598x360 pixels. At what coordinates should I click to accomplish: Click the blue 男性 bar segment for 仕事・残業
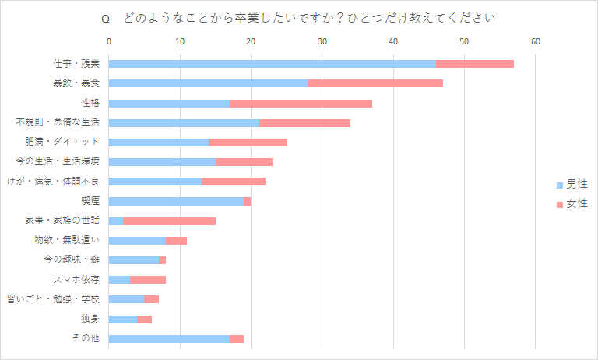(x=273, y=63)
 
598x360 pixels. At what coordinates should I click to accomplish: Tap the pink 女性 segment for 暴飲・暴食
(x=375, y=83)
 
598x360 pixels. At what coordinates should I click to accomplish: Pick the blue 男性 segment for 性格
(x=170, y=103)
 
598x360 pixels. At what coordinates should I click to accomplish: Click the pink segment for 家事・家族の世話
(x=169, y=221)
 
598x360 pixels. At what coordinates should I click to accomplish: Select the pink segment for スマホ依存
(x=148, y=280)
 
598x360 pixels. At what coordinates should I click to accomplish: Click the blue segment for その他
(x=170, y=338)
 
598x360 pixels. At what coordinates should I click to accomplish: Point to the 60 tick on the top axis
(x=536, y=41)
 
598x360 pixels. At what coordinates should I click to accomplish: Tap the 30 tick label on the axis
(x=322, y=41)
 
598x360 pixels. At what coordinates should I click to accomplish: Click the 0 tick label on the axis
(x=109, y=41)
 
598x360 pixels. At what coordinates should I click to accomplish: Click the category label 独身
(x=90, y=319)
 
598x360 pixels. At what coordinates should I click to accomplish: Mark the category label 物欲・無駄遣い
(x=67, y=240)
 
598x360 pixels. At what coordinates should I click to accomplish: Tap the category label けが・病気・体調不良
(x=53, y=181)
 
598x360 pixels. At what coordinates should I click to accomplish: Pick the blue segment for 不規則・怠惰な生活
(x=183, y=122)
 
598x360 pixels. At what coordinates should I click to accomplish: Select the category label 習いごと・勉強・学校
(x=53, y=299)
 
